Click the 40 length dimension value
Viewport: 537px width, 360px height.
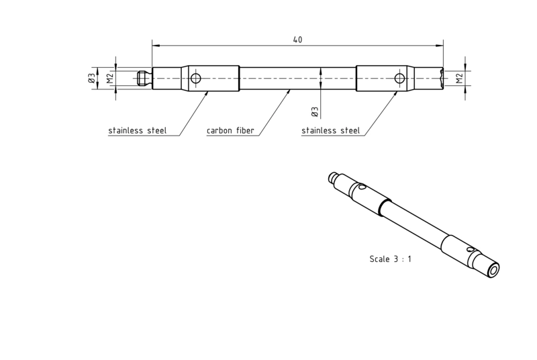click(x=297, y=40)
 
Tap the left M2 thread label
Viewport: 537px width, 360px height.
click(x=109, y=79)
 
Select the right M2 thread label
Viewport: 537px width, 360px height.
click(x=460, y=78)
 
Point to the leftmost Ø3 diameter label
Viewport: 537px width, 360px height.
click(x=91, y=79)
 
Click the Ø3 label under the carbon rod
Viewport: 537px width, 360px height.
click(x=315, y=111)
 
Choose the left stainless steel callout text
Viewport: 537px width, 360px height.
click(x=138, y=130)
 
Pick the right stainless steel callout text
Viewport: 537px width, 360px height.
click(x=331, y=130)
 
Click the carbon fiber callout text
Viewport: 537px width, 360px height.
click(x=230, y=130)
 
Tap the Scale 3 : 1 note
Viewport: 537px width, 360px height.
click(x=391, y=259)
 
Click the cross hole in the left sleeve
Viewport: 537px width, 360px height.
click(x=195, y=79)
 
